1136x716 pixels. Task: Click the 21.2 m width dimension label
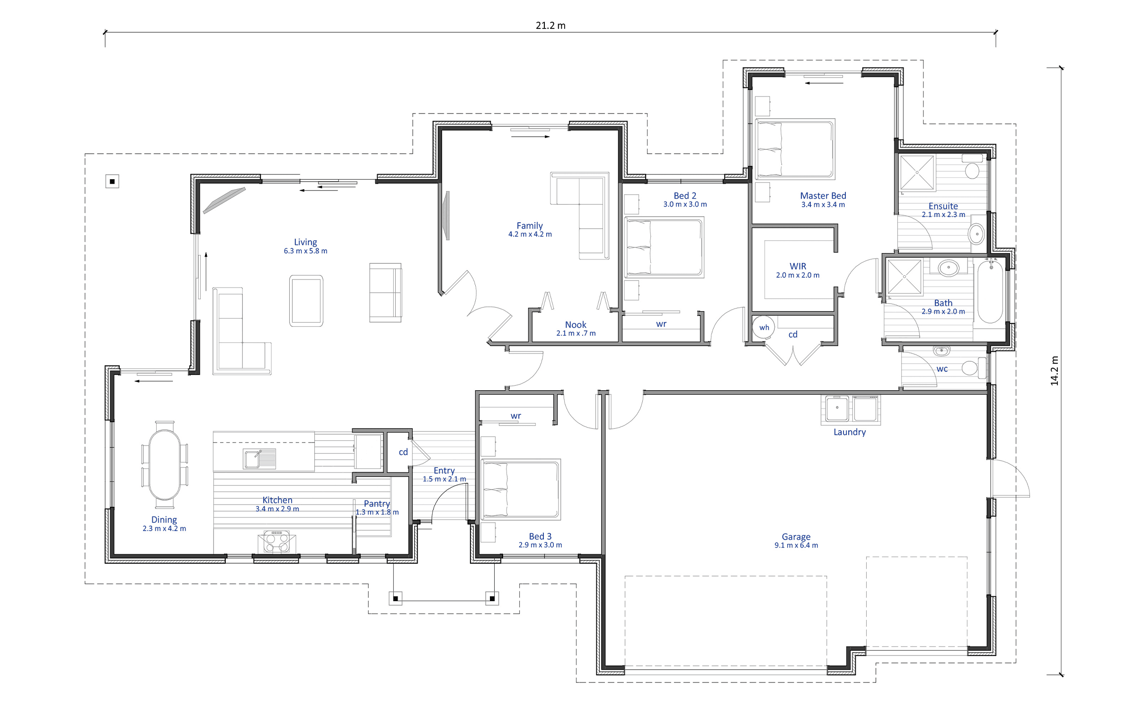[x=550, y=26]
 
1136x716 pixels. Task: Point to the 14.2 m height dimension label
[x=1054, y=371]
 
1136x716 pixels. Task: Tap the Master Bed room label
[x=823, y=196]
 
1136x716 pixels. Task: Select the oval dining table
[x=164, y=464]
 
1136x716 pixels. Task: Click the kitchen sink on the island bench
[x=259, y=458]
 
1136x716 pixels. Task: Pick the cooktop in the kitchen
[x=277, y=541]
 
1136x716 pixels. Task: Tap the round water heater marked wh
[x=763, y=327]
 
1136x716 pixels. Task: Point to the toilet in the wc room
[x=974, y=367]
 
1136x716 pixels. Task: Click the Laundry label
[x=850, y=432]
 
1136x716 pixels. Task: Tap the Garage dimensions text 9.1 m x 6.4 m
[x=796, y=545]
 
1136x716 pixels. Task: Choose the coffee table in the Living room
[x=306, y=301]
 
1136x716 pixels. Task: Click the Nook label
[x=576, y=325]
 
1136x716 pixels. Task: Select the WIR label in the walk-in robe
[x=798, y=266]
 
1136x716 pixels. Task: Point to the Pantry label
[x=377, y=504]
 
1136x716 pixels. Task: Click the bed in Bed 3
[x=521, y=489]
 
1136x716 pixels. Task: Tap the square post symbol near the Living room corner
[x=112, y=182]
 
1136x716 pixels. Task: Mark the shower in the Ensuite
[x=917, y=173]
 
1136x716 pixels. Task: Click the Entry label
[x=444, y=471]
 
